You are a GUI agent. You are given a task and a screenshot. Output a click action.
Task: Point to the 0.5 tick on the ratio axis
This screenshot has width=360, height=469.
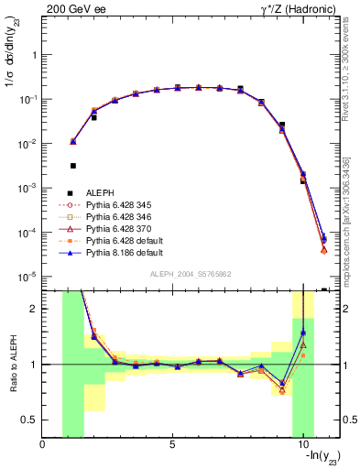tap(30, 420)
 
